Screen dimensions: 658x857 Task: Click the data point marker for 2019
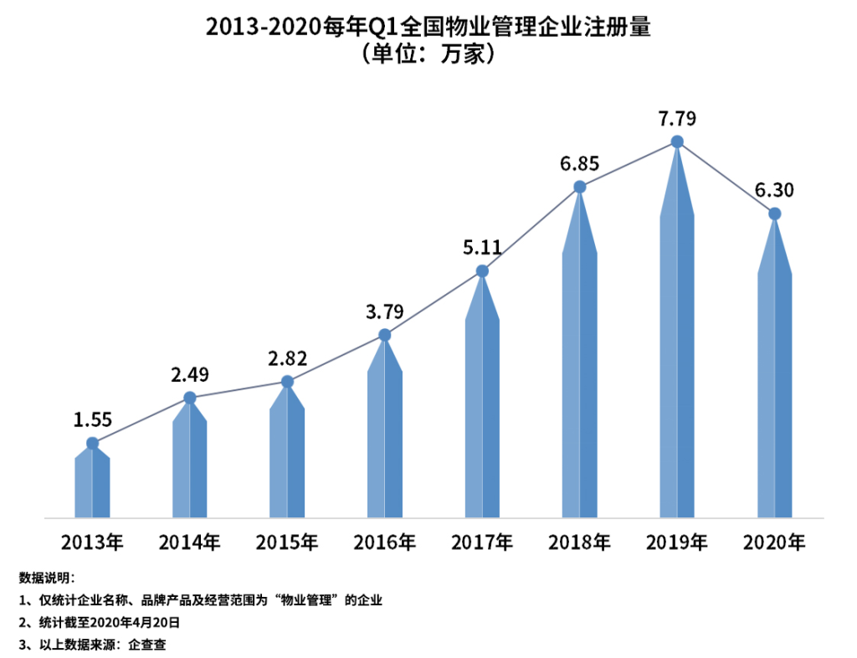tap(677, 142)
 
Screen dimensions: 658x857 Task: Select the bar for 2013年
tap(92, 486)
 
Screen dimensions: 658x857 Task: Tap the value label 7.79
tap(677, 118)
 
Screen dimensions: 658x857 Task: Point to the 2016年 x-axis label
tap(384, 542)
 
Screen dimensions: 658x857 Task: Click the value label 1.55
tap(92, 419)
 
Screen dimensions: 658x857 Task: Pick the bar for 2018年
tap(579, 377)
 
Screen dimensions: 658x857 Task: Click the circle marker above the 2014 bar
tap(190, 398)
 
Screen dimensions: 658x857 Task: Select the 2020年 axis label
tap(774, 542)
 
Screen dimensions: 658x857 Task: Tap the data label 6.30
tap(774, 190)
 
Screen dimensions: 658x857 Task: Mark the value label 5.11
tap(482, 247)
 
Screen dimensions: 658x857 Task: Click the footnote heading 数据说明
tap(47, 578)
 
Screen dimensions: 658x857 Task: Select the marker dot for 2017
tap(482, 271)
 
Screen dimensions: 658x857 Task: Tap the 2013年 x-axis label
tap(92, 542)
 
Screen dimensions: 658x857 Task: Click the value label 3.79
tap(385, 311)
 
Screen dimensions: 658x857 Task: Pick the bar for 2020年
tap(774, 393)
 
